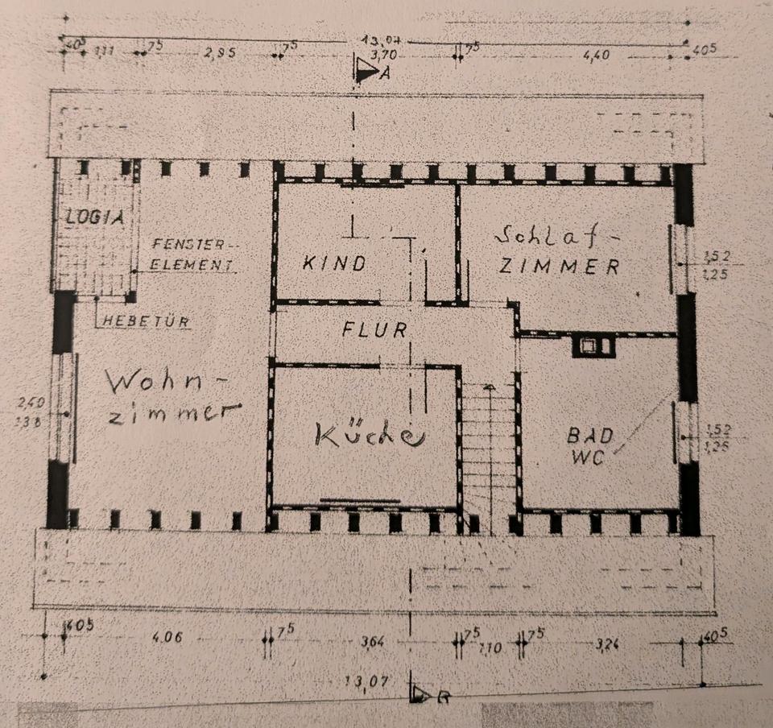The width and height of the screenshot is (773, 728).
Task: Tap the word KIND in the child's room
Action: pos(335,263)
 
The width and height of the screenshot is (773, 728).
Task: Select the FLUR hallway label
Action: pos(374,329)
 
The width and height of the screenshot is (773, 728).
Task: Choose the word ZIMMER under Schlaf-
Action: pos(559,266)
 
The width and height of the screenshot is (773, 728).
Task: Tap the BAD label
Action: pos(590,436)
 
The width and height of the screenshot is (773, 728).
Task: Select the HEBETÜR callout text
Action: pos(146,321)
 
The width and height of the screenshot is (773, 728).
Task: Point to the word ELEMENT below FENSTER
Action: pos(191,263)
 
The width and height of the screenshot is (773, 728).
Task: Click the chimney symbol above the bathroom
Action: pos(593,347)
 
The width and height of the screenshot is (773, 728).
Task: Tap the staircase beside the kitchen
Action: pos(488,447)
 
